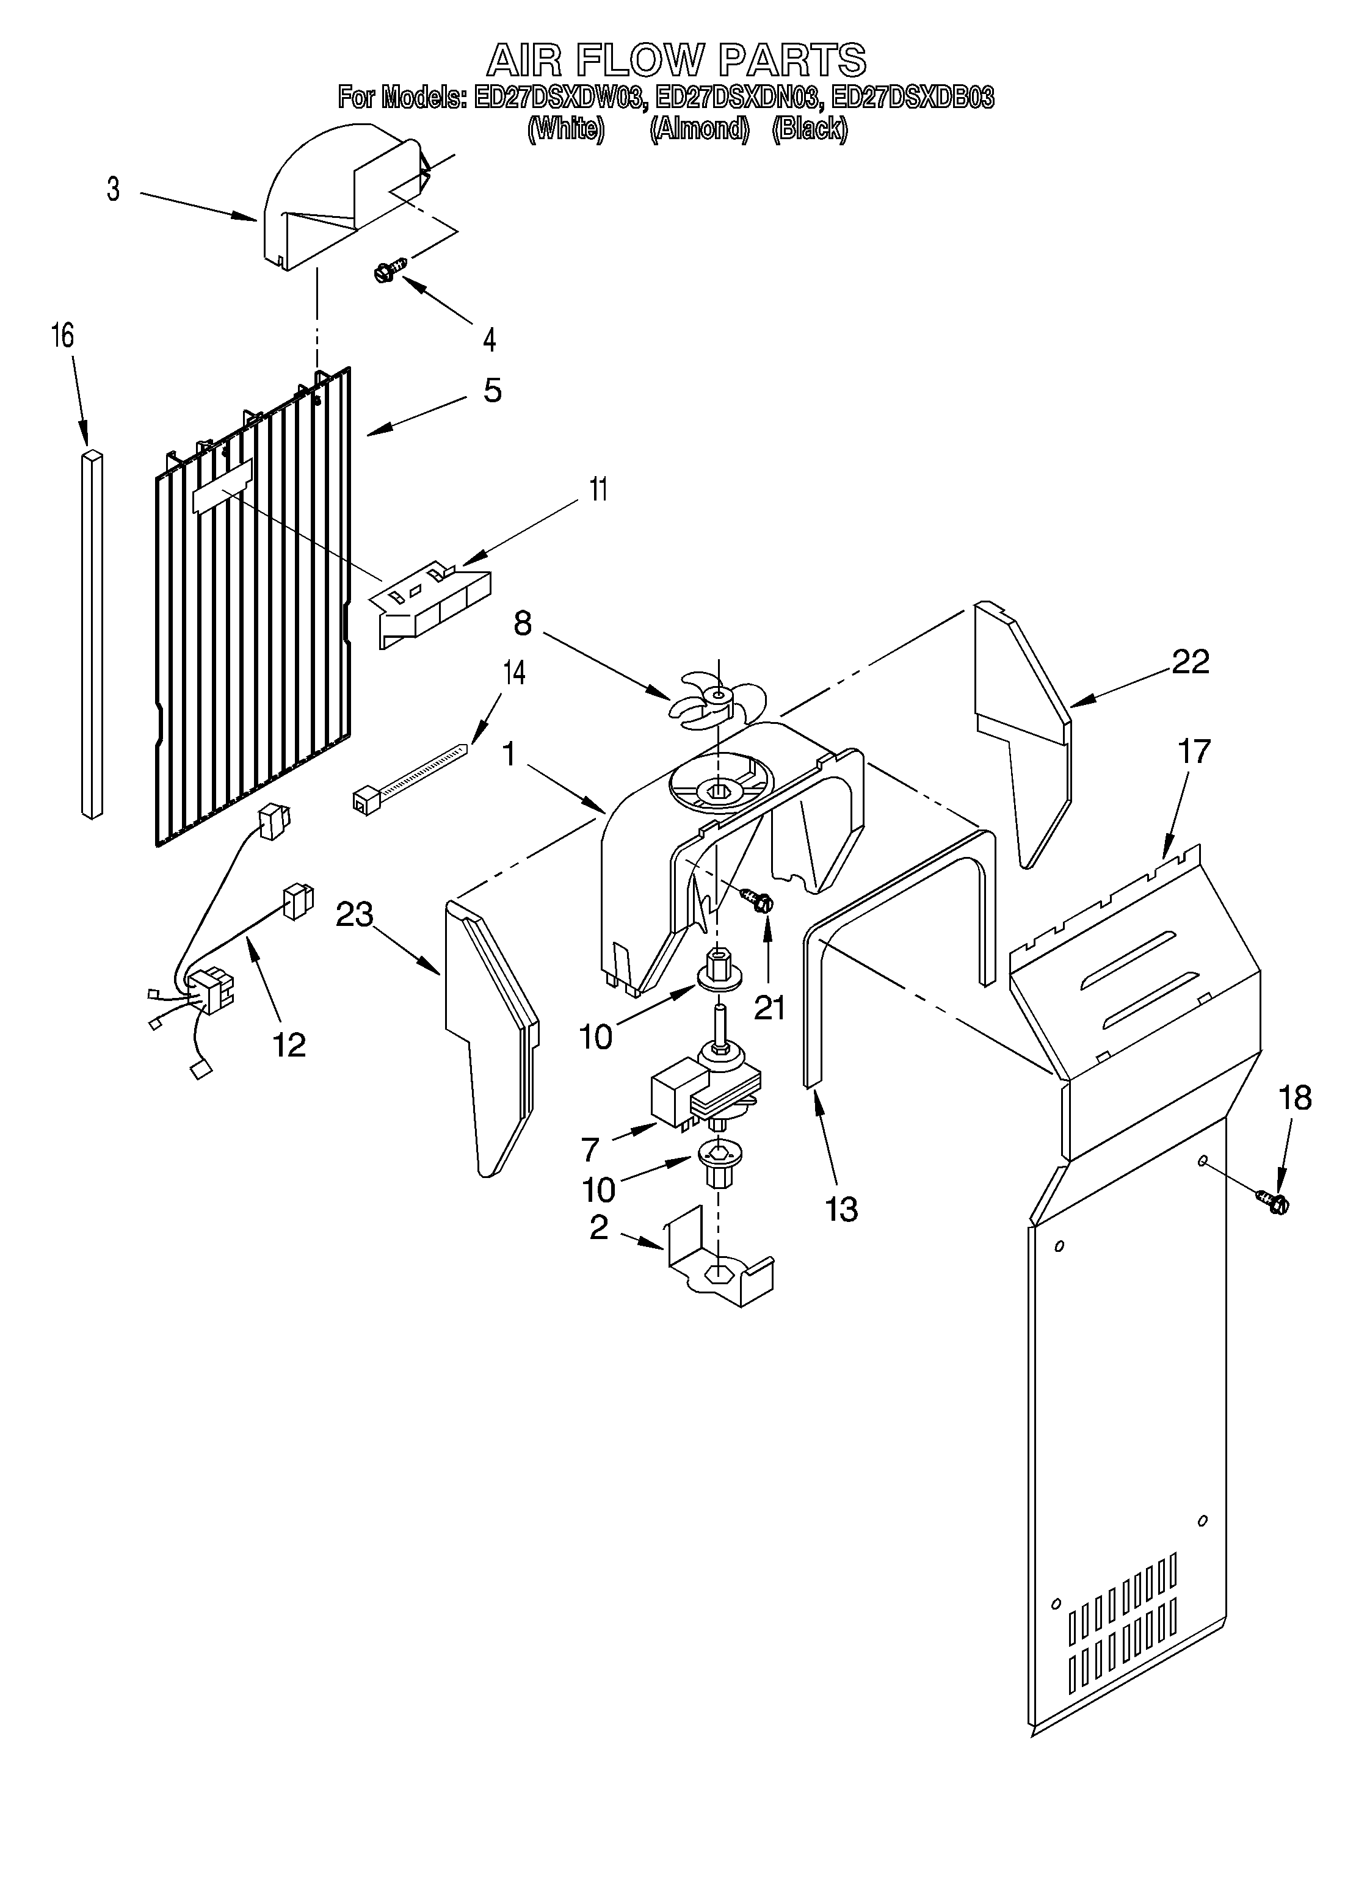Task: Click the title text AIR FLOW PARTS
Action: (676, 60)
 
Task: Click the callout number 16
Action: (62, 336)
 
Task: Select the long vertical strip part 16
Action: (92, 635)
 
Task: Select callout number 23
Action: (355, 915)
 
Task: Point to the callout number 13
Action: (842, 1209)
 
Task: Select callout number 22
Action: (1190, 662)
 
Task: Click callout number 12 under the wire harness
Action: (289, 1044)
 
